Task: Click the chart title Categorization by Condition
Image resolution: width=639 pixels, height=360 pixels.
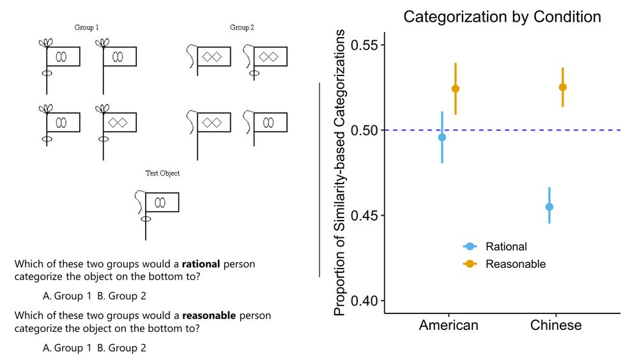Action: click(x=502, y=17)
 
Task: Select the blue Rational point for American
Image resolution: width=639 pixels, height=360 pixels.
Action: click(x=442, y=137)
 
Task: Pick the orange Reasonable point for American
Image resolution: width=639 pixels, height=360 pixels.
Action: click(x=455, y=89)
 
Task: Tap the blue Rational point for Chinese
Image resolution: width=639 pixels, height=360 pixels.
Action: click(x=549, y=207)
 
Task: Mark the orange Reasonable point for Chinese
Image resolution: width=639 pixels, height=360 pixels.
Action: click(x=562, y=87)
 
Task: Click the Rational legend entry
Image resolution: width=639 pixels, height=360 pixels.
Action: click(x=505, y=247)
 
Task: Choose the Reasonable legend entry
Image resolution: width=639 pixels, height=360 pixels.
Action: click(x=515, y=264)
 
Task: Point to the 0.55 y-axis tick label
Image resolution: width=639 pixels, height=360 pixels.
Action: click(x=362, y=45)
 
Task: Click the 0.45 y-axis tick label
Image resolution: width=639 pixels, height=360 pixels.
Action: click(x=362, y=215)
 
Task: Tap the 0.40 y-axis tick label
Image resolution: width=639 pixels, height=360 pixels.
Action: click(x=362, y=301)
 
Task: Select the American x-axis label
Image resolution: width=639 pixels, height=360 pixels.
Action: click(x=449, y=325)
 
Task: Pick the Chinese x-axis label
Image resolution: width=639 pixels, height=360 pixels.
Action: click(x=556, y=325)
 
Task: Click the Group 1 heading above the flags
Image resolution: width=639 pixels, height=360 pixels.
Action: click(x=86, y=27)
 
